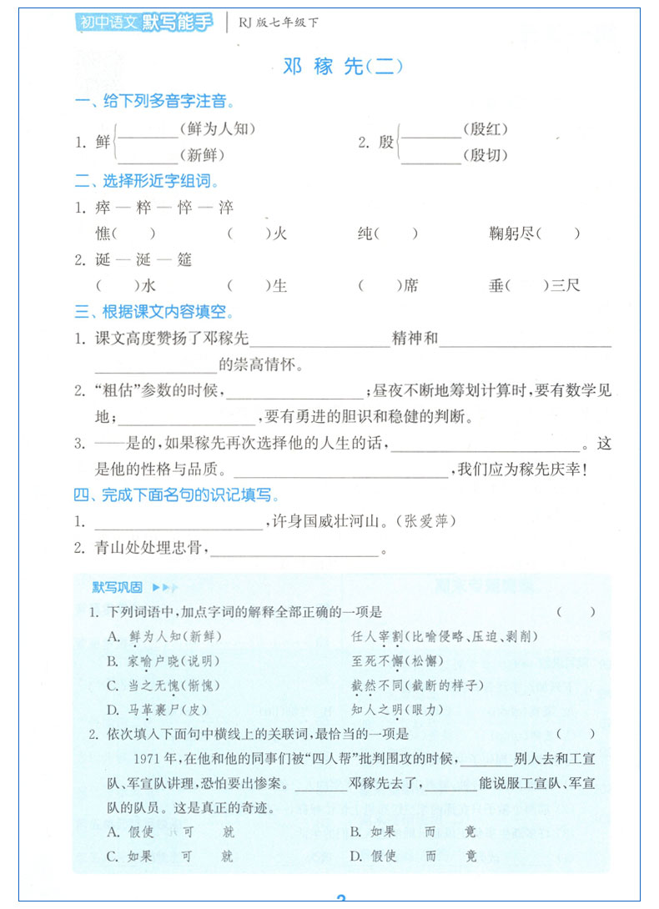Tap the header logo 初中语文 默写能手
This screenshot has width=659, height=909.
[143, 23]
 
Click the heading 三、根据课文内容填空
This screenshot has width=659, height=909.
[154, 313]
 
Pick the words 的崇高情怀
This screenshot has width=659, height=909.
[258, 364]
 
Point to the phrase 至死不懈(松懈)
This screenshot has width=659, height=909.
[397, 661]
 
